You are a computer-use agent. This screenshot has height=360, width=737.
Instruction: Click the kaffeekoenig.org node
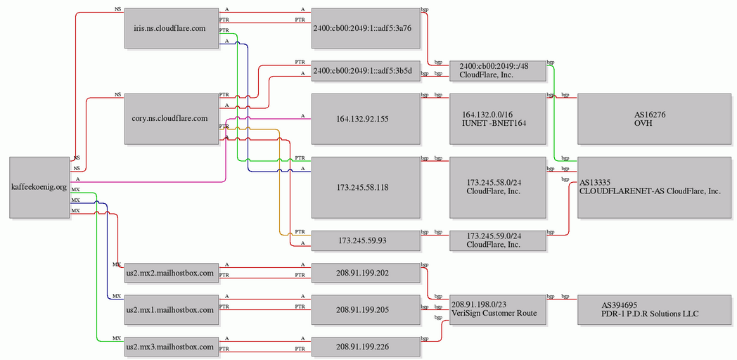[x=40, y=188]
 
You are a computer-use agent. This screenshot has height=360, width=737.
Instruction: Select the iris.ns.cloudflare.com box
[x=172, y=27]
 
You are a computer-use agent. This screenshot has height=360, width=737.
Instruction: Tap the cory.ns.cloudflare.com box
[x=172, y=119]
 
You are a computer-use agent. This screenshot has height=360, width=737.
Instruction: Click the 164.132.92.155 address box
[x=365, y=119]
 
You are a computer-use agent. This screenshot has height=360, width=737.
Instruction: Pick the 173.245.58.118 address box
[x=365, y=188]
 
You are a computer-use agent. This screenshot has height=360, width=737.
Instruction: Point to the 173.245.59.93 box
[x=365, y=240]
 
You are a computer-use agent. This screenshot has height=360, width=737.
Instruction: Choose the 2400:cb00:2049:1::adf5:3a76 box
[x=365, y=27]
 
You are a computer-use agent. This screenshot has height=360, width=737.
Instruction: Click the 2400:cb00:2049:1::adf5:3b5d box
[x=365, y=71]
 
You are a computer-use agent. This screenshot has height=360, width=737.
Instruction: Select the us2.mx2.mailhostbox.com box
[x=172, y=273]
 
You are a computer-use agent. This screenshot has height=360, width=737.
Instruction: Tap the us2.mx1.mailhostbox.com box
[x=172, y=309]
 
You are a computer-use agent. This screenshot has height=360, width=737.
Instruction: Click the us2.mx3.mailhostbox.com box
[x=172, y=347]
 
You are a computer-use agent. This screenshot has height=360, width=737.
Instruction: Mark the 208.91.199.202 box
[x=365, y=273]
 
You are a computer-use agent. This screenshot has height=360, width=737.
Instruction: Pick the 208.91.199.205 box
[x=365, y=309]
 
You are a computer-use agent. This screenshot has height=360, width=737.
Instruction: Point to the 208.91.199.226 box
[x=365, y=347]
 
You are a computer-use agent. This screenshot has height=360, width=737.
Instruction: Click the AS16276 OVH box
[x=654, y=119]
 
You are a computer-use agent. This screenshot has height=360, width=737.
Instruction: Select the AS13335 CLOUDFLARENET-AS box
[x=654, y=188]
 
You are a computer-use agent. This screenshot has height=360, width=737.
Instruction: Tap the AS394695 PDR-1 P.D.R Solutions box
[x=654, y=309]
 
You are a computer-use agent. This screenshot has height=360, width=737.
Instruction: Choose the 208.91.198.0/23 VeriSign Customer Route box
[x=498, y=309]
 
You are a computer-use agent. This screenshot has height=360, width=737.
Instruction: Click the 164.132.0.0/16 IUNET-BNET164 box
[x=498, y=119]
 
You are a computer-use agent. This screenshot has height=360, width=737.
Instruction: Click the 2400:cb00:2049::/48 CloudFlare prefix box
[x=498, y=71]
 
